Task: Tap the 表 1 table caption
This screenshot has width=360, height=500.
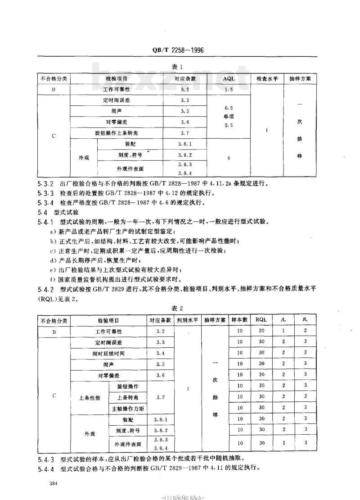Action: coord(176,67)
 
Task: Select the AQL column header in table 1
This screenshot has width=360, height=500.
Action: coord(229,78)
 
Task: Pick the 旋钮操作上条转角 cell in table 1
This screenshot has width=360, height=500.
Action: coord(117,133)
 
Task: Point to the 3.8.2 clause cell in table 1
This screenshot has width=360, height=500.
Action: coord(185,155)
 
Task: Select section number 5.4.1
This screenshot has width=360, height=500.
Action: coord(45,222)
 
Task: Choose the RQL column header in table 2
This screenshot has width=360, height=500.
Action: coord(261,320)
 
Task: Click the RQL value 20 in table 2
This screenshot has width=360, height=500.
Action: coord(261,331)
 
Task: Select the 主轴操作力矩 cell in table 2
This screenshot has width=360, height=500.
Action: coord(127,408)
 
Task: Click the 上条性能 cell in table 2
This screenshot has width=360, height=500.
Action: coord(90,397)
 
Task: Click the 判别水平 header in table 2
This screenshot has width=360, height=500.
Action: coord(187,320)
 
